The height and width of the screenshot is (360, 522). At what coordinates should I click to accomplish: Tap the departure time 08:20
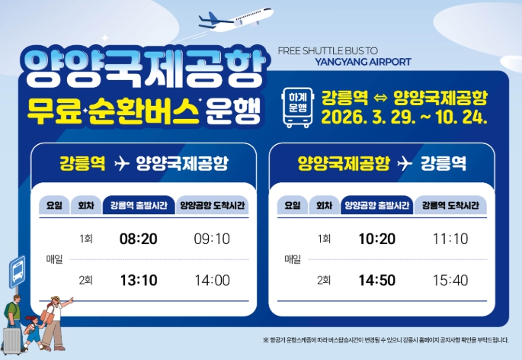pyautogui.click(x=139, y=239)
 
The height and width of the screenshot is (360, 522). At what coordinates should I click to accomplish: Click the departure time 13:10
pyautogui.click(x=139, y=280)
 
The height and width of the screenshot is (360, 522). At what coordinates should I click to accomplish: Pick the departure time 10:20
pyautogui.click(x=377, y=239)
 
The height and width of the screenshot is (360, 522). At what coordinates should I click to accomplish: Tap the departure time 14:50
pyautogui.click(x=377, y=280)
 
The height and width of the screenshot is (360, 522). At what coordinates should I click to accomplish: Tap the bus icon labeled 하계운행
pyautogui.click(x=296, y=108)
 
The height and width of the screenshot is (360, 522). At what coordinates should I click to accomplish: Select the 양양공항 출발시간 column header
pyautogui.click(x=377, y=205)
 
